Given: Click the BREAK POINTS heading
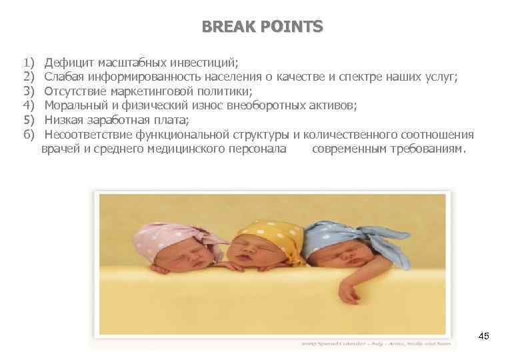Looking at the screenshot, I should [262, 27].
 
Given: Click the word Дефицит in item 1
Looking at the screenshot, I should [69, 63].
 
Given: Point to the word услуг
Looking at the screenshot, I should [443, 77].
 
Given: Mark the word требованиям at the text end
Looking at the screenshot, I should [427, 149].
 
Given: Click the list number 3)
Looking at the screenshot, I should [28, 91].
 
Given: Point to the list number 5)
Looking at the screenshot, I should [28, 120].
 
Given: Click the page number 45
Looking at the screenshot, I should [484, 336].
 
